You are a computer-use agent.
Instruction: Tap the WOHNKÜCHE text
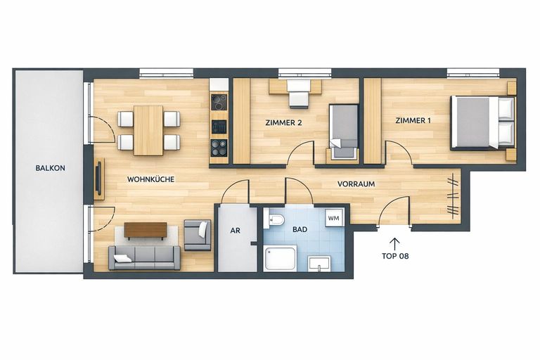pos(150,179)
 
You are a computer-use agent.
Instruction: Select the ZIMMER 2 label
pos(283,122)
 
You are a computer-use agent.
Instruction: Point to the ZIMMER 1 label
pos(413,121)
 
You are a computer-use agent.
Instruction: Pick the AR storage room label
pos(236,230)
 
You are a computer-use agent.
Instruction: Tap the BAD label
pos(299,230)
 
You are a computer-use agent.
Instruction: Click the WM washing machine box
pos(333,219)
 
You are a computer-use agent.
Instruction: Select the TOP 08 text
pos(394,257)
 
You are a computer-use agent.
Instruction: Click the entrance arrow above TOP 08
pos(394,243)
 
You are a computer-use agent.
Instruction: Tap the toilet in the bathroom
pos(276,221)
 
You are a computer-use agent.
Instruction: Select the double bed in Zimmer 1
pos(482,122)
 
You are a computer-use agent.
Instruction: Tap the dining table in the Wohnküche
pos(148,130)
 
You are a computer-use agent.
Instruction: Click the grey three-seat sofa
pos(144,257)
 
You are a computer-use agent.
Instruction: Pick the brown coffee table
pos(146,230)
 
